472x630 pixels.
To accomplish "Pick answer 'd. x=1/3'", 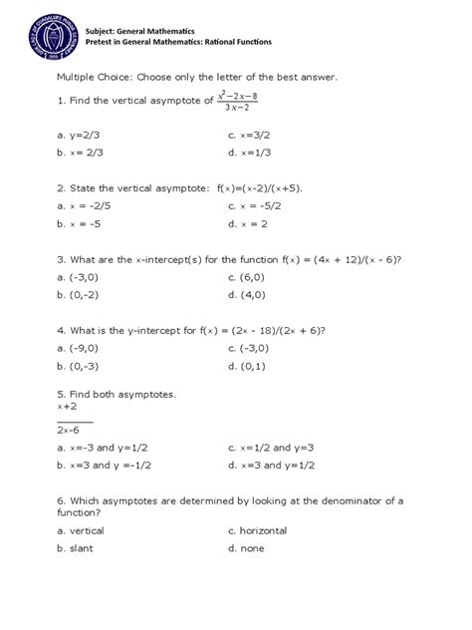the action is [x=250, y=153].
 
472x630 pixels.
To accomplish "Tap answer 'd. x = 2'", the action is [x=249, y=224].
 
